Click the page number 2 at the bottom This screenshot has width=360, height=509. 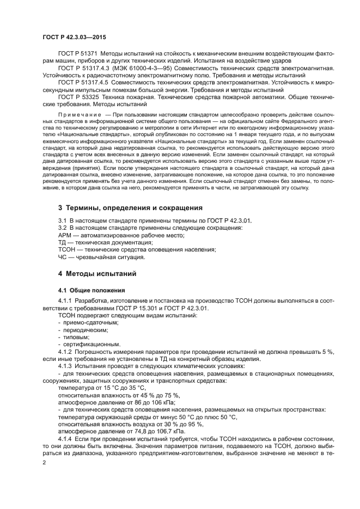[45, 462]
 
